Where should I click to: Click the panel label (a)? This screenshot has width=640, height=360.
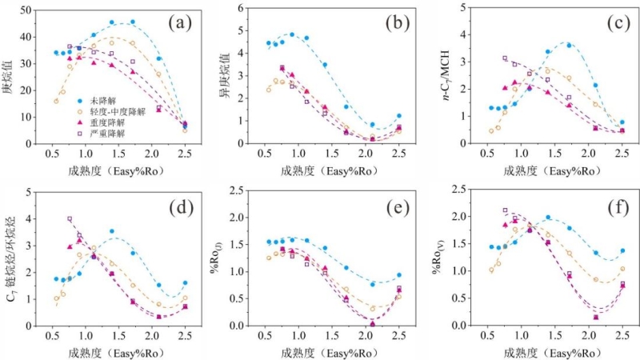pyautogui.click(x=182, y=22)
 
